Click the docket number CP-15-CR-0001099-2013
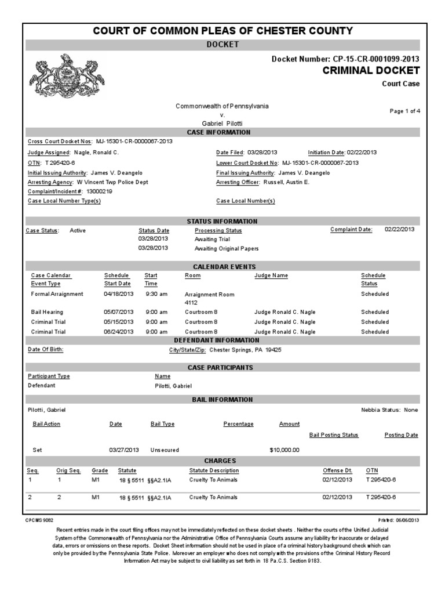click(375, 59)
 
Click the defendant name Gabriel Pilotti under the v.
click(222, 124)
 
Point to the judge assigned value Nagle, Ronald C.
click(96, 152)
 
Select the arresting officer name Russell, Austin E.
click(287, 182)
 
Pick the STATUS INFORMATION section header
click(222, 221)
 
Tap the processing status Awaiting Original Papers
click(227, 248)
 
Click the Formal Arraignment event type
click(57, 294)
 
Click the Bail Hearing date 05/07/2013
click(118, 312)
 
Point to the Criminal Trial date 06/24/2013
click(118, 331)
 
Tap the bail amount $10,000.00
click(284, 450)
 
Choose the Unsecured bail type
click(165, 450)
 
